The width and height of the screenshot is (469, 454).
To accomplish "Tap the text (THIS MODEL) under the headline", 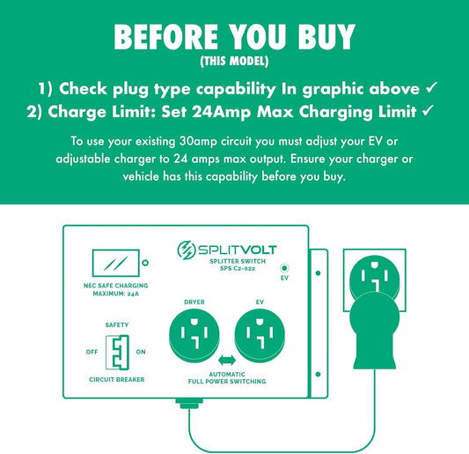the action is (234, 61).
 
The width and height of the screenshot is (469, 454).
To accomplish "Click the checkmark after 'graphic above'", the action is (432, 87).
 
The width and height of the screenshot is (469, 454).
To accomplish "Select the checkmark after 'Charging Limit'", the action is (428, 110).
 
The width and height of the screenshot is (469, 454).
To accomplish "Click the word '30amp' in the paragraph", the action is (198, 141).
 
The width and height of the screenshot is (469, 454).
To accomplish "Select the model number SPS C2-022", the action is (238, 269).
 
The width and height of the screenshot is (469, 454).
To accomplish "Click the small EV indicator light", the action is (284, 268).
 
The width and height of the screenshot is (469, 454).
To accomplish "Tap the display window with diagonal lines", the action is (116, 263).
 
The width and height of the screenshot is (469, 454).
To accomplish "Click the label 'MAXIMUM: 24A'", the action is (116, 294).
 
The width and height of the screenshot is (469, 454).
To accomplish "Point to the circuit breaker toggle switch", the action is (117, 353).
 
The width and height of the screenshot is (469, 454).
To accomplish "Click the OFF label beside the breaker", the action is (92, 352).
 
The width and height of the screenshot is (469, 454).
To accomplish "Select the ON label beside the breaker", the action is (141, 352).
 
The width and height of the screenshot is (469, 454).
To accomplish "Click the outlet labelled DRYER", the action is (194, 336).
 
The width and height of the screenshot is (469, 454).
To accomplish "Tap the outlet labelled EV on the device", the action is (260, 336).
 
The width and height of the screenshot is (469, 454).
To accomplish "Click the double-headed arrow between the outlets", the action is (227, 361).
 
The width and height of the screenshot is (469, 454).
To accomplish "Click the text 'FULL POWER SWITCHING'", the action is (227, 382).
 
